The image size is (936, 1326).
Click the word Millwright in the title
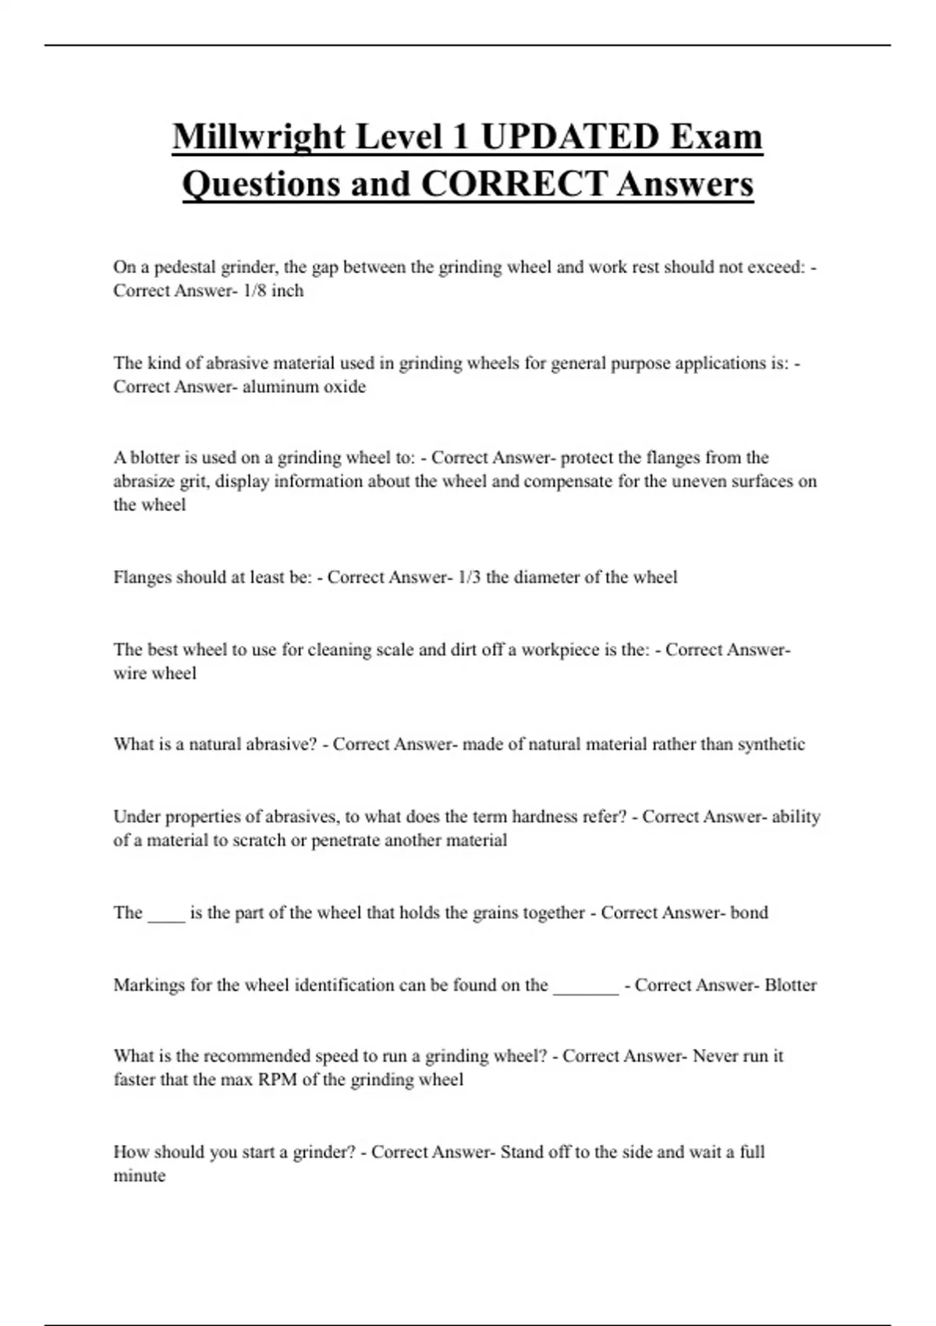[257, 137]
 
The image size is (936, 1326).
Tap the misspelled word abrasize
[143, 481]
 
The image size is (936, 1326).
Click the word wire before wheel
[130, 673]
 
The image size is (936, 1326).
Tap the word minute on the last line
[140, 1176]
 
